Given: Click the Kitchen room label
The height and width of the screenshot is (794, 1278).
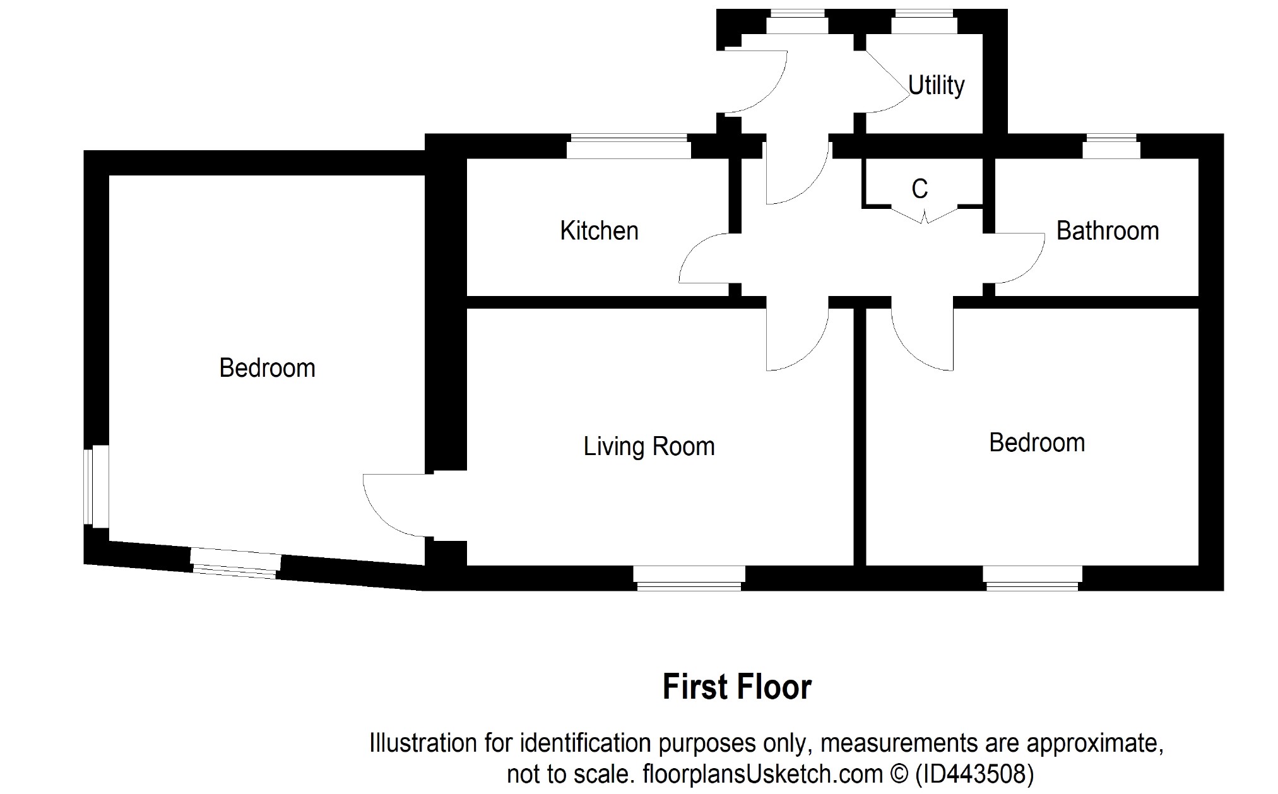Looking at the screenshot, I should (x=599, y=231).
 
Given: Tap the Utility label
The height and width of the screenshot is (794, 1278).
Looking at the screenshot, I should (x=936, y=85).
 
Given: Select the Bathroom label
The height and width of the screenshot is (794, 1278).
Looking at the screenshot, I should (x=1107, y=231).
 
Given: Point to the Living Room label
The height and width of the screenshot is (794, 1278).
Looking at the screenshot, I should (x=649, y=447).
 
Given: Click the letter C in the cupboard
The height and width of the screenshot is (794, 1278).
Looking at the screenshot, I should (x=920, y=189).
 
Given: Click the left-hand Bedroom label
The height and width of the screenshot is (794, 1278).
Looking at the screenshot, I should (x=267, y=368).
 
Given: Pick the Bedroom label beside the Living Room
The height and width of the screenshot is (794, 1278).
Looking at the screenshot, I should (x=1036, y=443).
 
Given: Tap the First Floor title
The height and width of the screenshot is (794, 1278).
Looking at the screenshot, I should (x=737, y=687).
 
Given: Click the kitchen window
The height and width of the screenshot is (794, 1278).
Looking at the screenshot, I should (x=627, y=146).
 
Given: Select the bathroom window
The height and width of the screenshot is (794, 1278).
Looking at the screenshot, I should (x=1111, y=146).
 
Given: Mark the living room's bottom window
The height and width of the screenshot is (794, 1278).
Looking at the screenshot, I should (x=689, y=578).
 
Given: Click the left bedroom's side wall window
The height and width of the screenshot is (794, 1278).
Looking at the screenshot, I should (x=97, y=485).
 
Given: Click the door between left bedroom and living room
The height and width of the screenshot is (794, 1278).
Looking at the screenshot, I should (x=394, y=505).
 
